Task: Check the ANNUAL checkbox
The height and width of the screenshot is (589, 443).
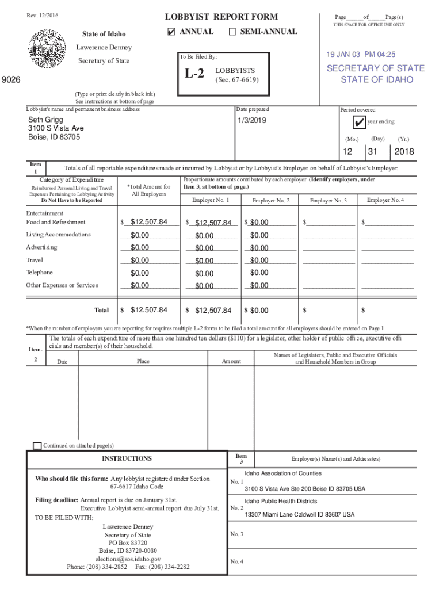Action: click(x=171, y=32)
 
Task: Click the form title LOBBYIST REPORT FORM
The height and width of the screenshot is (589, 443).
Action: click(x=221, y=17)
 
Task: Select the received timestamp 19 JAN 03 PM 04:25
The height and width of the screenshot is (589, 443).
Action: click(x=361, y=55)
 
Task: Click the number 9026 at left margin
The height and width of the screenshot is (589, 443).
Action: click(x=11, y=81)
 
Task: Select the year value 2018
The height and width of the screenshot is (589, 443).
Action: click(x=404, y=152)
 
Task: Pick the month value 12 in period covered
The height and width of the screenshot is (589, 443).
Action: click(x=347, y=152)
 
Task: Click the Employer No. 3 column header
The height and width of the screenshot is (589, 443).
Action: click(x=328, y=201)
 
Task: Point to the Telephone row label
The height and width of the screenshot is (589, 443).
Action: click(x=39, y=273)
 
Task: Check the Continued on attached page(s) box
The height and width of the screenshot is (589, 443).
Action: click(x=37, y=446)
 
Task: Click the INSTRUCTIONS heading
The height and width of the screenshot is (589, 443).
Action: click(x=127, y=458)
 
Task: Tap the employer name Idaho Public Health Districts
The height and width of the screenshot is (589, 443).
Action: click(x=281, y=502)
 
